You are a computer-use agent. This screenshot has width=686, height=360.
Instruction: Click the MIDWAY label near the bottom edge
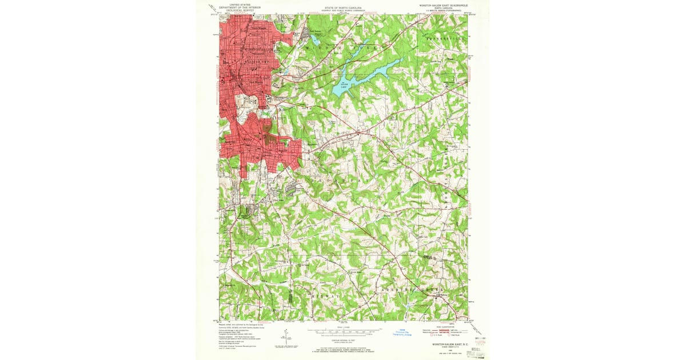pos(323,298)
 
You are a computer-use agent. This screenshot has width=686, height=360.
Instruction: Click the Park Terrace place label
pos(309,31)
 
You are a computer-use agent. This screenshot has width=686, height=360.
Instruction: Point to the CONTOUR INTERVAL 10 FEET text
pos(343,339)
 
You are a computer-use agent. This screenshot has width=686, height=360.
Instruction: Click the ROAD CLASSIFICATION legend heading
pos(444,326)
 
